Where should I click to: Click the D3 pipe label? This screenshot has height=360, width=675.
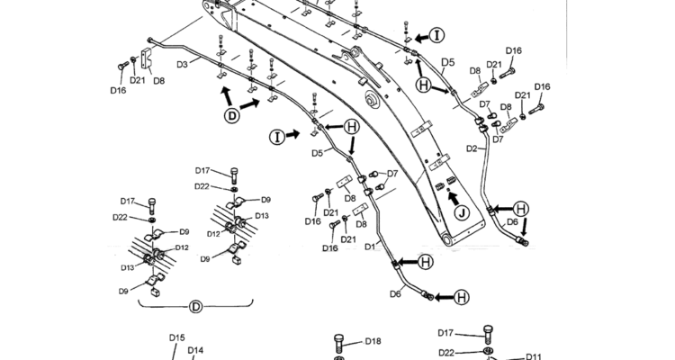(x=182, y=64)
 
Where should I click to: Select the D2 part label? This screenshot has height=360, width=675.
(x=472, y=148)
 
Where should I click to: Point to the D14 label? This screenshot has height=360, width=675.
(x=195, y=351)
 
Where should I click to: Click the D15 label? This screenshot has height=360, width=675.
(x=177, y=337)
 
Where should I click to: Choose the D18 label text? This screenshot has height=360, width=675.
(x=373, y=341)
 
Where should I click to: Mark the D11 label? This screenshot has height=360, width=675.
(x=533, y=355)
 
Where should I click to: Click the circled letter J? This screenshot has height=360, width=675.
(x=461, y=214)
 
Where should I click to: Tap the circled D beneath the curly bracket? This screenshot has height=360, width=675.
(x=196, y=307)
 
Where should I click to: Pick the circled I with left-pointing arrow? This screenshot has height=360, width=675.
(x=436, y=35)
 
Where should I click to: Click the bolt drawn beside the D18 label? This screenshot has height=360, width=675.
(x=339, y=343)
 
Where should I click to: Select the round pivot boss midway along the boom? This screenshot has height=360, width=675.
(x=369, y=96)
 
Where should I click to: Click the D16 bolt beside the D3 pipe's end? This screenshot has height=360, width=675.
(x=123, y=65)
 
